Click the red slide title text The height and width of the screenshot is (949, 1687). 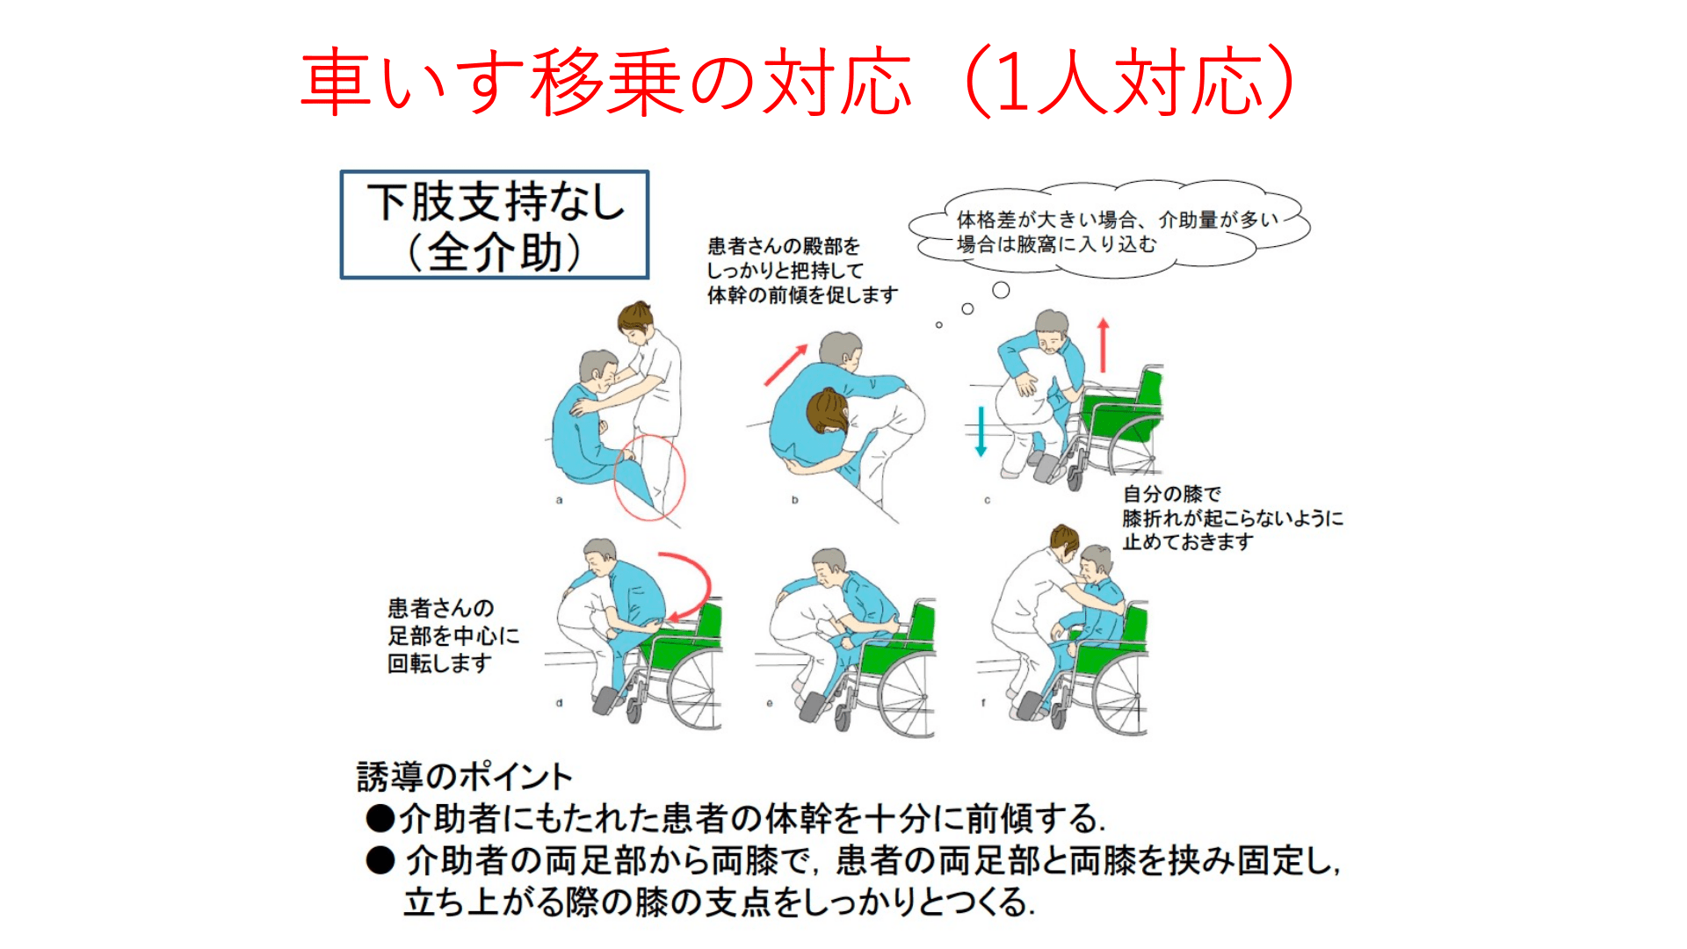(798, 82)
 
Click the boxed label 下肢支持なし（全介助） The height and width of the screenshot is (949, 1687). (495, 225)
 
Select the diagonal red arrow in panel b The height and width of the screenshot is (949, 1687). (786, 365)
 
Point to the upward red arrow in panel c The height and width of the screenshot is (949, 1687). (1104, 345)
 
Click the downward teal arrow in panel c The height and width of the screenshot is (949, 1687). (981, 431)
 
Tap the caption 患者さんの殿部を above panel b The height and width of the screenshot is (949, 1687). (784, 246)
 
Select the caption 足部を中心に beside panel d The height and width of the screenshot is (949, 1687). (453, 635)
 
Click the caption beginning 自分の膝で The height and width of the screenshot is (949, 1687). (1233, 518)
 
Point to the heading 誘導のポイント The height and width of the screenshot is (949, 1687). (465, 777)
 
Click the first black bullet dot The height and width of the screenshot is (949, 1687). (380, 818)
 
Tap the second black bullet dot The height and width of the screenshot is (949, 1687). (380, 860)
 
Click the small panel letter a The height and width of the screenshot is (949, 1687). (559, 500)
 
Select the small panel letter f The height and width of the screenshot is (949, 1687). (983, 703)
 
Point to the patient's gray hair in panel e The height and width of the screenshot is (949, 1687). (829, 559)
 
